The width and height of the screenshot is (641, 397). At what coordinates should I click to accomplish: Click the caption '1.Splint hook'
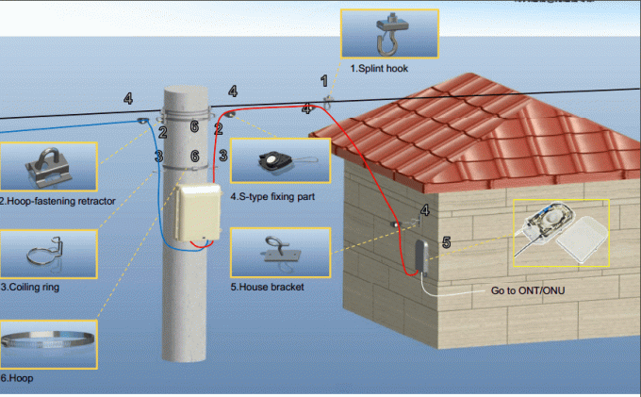coord(379,69)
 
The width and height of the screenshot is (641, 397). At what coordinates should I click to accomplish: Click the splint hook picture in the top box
coord(388,35)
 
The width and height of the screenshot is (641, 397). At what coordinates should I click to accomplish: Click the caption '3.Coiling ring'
coord(30,287)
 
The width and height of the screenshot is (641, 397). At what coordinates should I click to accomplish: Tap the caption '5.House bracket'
coord(268,287)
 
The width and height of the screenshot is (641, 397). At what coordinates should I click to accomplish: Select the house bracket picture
coord(280,253)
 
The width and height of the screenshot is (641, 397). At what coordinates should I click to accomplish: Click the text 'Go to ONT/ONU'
coord(526,290)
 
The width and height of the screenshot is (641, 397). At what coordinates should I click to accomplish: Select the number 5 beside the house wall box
coord(446,242)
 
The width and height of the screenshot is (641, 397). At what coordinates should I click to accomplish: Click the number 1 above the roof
coord(325,81)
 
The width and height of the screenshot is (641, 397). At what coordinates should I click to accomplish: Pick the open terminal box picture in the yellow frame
coord(560,232)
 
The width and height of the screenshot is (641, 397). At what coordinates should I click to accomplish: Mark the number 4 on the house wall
coord(424,210)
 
